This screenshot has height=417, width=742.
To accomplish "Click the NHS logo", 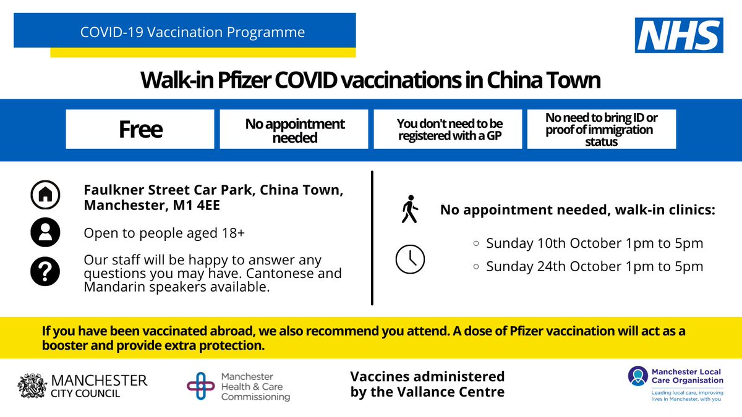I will [679, 35].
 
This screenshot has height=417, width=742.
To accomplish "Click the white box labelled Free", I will [140, 129].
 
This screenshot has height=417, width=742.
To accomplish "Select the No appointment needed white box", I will [294, 129].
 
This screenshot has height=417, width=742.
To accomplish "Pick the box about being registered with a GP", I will [447, 129].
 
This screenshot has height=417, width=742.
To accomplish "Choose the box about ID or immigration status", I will [601, 129].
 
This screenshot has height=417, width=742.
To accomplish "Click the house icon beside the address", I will [45, 196].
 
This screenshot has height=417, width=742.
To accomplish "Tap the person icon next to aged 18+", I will [45, 233].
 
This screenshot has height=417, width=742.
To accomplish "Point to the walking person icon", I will [409, 210].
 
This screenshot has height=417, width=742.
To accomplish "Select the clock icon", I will [409, 259].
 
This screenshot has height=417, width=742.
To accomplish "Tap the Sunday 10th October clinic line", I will [594, 243].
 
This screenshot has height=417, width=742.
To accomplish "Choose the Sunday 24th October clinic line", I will [594, 267].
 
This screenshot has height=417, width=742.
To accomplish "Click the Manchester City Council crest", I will [32, 385].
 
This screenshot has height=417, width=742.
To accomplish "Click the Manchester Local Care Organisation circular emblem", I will [637, 376].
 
